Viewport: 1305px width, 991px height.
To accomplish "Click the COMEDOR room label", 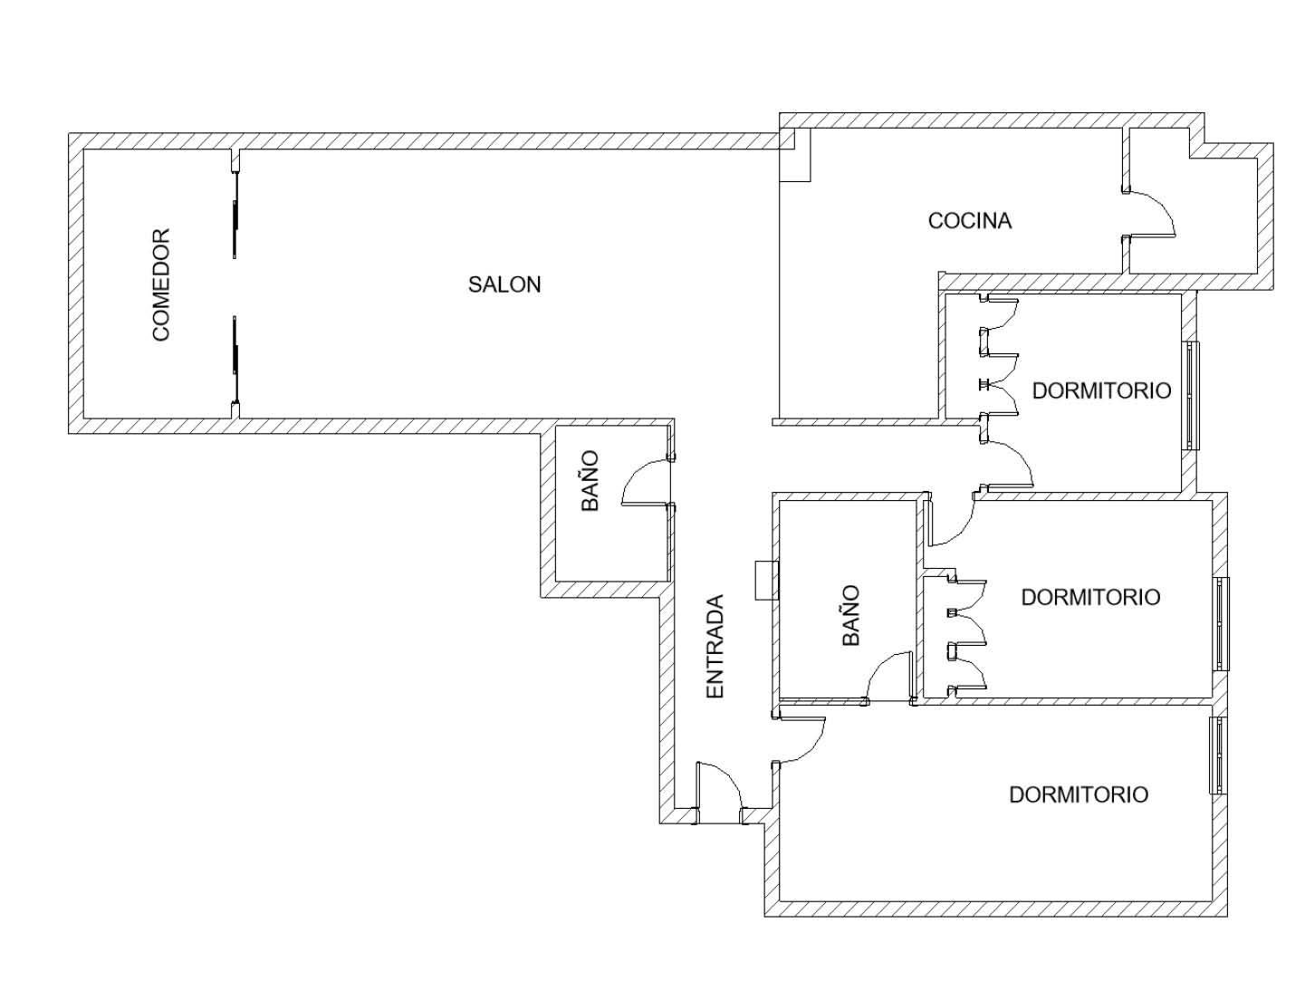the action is pyautogui.click(x=161, y=284).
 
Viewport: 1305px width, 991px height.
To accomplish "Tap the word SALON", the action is pyautogui.click(x=504, y=284).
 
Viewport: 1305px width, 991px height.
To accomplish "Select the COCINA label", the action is pyautogui.click(x=969, y=221).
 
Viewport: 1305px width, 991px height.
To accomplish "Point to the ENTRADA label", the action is pyautogui.click(x=714, y=646).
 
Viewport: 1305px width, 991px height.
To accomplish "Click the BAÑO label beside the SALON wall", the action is pyautogui.click(x=590, y=482).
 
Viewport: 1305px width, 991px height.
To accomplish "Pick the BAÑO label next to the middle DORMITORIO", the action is pyautogui.click(x=850, y=616).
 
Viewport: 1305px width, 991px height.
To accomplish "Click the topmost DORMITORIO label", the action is pyautogui.click(x=1101, y=390).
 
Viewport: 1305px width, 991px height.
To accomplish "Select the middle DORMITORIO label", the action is pyautogui.click(x=1090, y=598).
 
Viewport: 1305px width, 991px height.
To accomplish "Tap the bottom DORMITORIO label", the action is pyautogui.click(x=1079, y=794).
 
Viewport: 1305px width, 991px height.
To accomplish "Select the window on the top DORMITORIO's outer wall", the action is pyautogui.click(x=1191, y=395).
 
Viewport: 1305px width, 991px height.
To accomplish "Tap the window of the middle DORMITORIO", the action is pyautogui.click(x=1221, y=623).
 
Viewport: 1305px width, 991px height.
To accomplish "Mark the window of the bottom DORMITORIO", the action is pyautogui.click(x=1217, y=755).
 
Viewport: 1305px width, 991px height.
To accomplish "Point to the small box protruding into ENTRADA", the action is pyautogui.click(x=767, y=581).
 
